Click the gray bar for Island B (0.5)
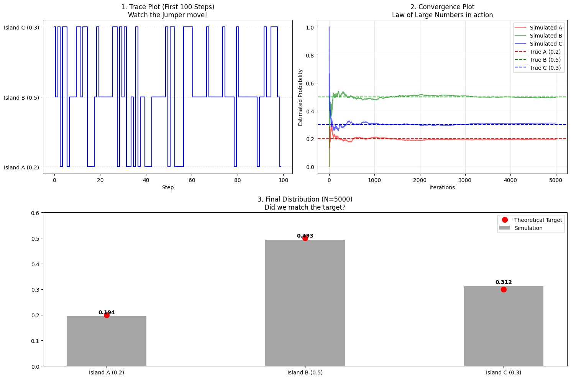coord(305,303)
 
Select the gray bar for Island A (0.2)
coord(107,341)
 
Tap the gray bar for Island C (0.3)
coord(504,326)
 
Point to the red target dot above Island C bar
coord(504,289)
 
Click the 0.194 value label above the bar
coord(107,312)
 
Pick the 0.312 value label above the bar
coord(504,282)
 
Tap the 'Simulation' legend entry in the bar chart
coord(528,228)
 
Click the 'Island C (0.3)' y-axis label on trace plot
coord(21,27)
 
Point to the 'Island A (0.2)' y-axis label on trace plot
coord(21,167)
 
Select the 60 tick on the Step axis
coord(192,180)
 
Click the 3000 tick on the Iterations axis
coord(465,180)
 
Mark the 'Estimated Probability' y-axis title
coord(300,97)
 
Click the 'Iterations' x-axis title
coord(442,188)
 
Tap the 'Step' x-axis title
coord(168,188)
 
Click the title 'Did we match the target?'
coord(305,207)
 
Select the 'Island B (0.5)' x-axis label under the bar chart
coord(305,372)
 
